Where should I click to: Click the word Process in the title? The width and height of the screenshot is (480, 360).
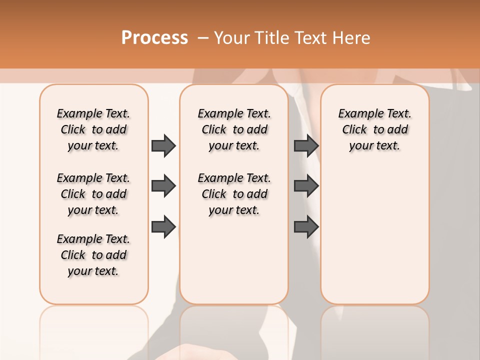[x=154, y=37]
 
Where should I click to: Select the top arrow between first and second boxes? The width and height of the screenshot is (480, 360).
[x=163, y=145]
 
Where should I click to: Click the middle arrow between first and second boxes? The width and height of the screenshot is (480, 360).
[x=163, y=186]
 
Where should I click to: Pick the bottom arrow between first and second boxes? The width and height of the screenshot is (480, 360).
[x=163, y=226]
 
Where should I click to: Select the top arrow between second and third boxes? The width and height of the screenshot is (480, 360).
[x=306, y=145]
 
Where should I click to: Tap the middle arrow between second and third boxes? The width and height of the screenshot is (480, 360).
[x=306, y=186]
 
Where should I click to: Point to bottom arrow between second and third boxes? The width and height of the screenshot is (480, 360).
[x=306, y=226]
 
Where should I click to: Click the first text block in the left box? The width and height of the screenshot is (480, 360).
[x=93, y=129]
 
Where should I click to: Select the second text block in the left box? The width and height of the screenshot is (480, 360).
[x=93, y=194]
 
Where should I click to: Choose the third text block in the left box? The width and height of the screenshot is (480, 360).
[x=93, y=255]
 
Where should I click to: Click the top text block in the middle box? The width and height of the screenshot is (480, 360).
[x=234, y=129]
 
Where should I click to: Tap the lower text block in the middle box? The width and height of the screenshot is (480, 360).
[x=234, y=194]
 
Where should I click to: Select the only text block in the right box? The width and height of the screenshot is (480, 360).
[x=374, y=129]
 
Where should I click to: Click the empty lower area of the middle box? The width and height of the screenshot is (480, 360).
[x=234, y=260]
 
